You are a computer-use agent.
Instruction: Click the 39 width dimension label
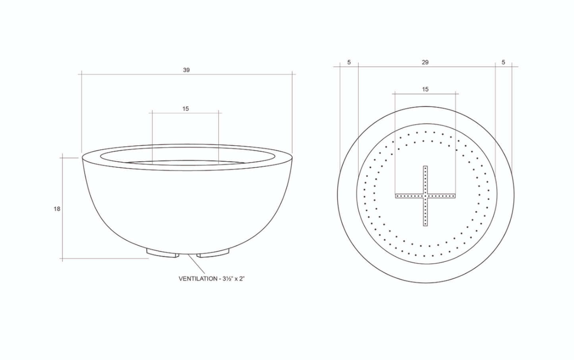pyautogui.click(x=186, y=70)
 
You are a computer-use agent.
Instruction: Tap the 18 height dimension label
pyautogui.click(x=57, y=209)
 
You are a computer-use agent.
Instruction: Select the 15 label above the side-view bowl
pyautogui.click(x=186, y=109)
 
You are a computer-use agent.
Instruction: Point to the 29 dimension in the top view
pyautogui.click(x=425, y=62)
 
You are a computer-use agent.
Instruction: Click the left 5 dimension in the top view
pyautogui.click(x=349, y=62)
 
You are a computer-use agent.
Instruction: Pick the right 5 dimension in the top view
pyautogui.click(x=503, y=62)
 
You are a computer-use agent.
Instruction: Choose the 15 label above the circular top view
pyautogui.click(x=425, y=90)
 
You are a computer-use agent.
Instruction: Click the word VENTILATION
pyautogui.click(x=197, y=279)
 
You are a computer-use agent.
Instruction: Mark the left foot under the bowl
pyautogui.click(x=162, y=253)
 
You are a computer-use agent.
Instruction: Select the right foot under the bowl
pyautogui.click(x=213, y=253)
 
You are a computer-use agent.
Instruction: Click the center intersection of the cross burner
pyautogui.click(x=425, y=196)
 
